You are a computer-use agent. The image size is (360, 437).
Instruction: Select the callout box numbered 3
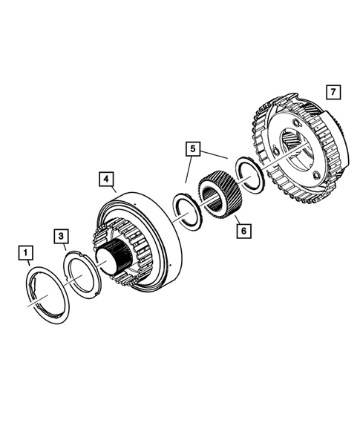coord(62,236)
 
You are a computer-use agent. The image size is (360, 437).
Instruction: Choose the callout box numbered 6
coord(242,230)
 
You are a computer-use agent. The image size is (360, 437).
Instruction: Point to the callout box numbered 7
coord(333,93)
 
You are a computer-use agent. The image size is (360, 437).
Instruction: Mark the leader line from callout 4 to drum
coord(114,191)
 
